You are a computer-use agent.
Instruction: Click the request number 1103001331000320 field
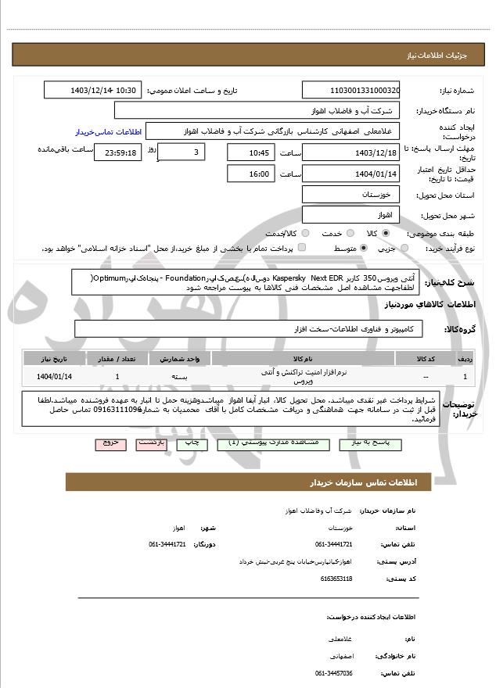[x=350, y=91]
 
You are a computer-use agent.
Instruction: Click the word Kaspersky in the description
[x=289, y=278]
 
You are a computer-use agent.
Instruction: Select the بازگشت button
[x=151, y=443]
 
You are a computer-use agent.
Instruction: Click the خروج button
[x=110, y=443]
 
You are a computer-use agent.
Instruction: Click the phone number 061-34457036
[x=334, y=673]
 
